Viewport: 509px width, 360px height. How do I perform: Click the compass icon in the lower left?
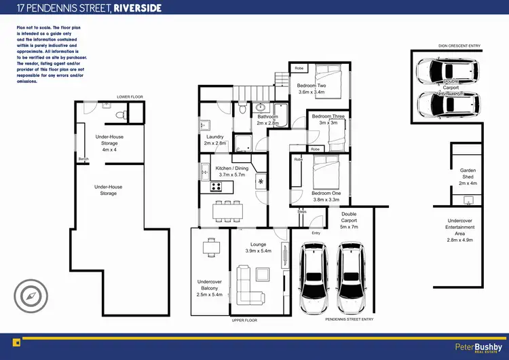31,296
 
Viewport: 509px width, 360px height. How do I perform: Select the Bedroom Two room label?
312,88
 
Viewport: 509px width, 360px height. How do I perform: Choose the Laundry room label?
214,140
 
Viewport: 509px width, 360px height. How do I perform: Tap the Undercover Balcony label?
210,287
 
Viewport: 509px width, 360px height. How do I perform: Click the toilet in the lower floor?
119,117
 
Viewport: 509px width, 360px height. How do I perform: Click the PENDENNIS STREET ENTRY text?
350,319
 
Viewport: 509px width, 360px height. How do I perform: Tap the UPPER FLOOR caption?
245,320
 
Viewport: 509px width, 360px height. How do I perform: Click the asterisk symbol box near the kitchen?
261,182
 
